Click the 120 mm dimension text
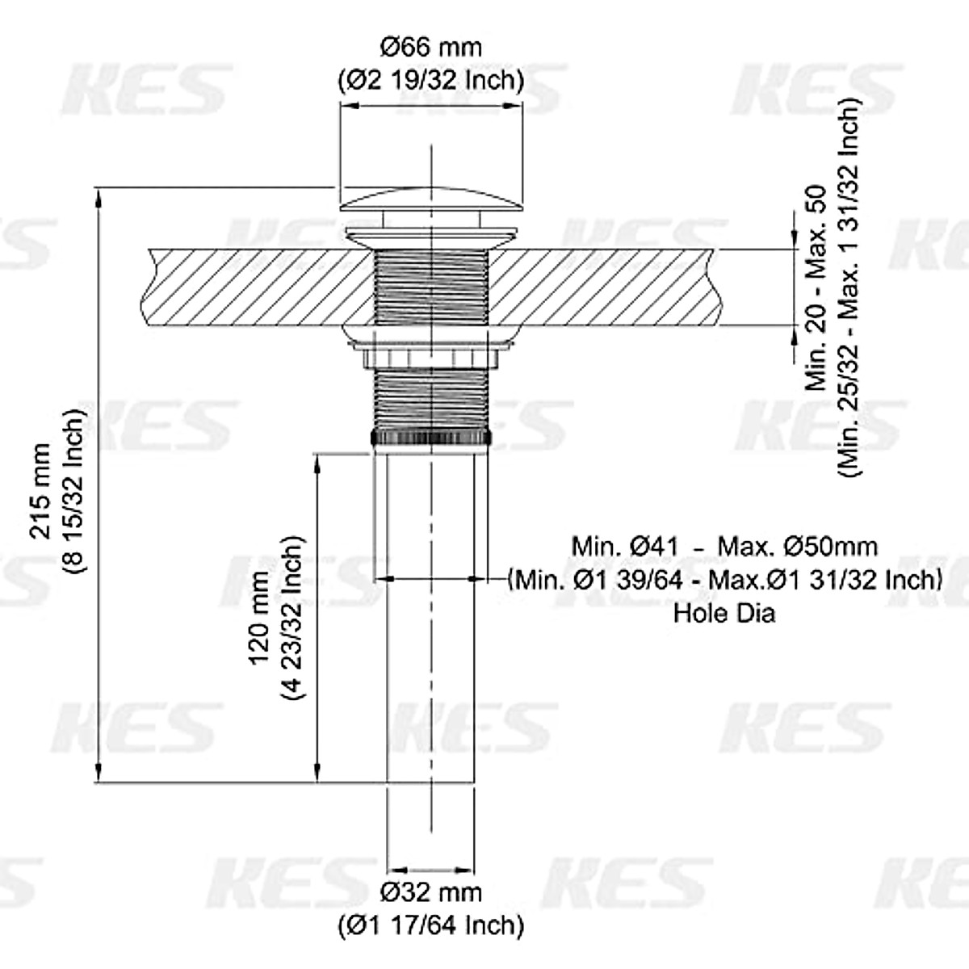pyautogui.click(x=259, y=619)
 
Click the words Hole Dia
pyautogui.click(x=724, y=614)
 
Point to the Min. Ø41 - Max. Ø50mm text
pyautogui.click(x=724, y=546)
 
